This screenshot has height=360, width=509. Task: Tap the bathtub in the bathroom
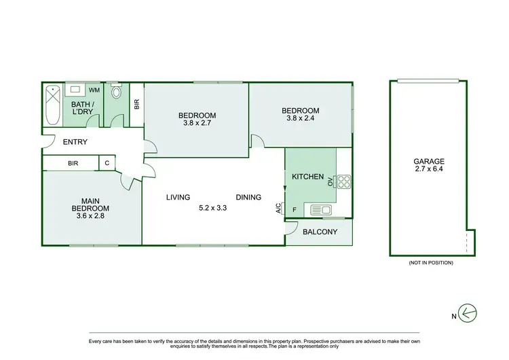[53, 106]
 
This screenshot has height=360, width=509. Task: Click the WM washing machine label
[94, 90]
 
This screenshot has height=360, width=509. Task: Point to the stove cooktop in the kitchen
[343, 181]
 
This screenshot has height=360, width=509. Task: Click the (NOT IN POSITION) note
[430, 263]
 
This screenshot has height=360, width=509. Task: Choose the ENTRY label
[75, 142]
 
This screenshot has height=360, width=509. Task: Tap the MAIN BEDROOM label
[91, 204]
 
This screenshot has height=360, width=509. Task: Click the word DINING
[248, 198]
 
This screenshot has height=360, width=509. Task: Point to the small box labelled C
[107, 163]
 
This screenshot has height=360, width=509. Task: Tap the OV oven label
[331, 181]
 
